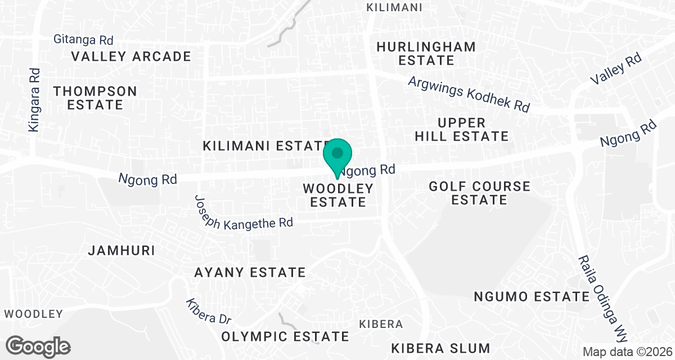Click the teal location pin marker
click(x=337, y=155)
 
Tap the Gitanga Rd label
click(x=83, y=39)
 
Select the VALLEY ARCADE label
click(x=131, y=56)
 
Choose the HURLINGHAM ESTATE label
click(x=426, y=53)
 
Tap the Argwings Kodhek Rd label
click(x=469, y=94)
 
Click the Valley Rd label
click(x=616, y=69)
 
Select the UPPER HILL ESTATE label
click(x=461, y=129)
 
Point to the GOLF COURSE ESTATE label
click(x=479, y=192)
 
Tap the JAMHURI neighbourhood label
click(x=121, y=250)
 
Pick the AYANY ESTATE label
click(x=250, y=273)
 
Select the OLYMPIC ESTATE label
click(x=285, y=336)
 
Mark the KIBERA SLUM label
click(x=433, y=348)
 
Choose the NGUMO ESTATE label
click(x=531, y=296)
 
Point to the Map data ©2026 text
click(x=627, y=352)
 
